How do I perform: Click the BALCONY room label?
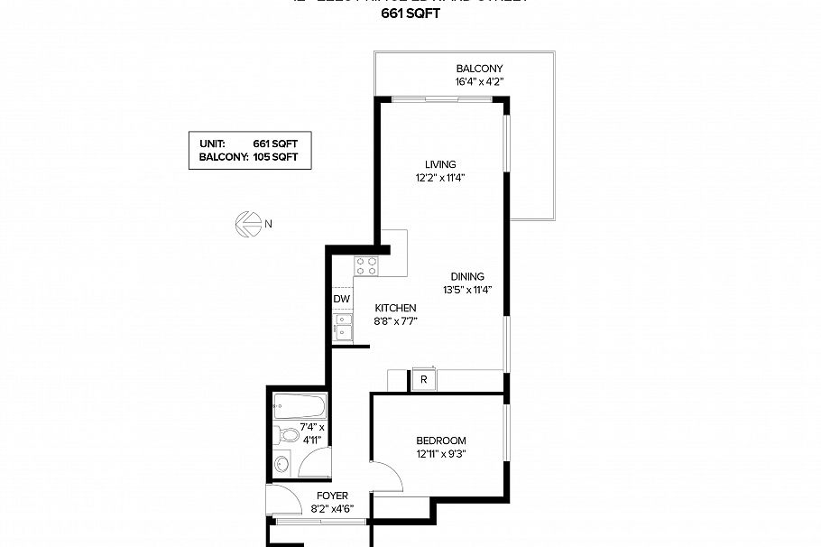[x=479, y=69]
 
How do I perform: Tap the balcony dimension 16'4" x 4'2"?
[x=479, y=81]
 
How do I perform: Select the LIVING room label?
[x=440, y=164]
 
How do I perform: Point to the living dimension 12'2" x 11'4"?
[x=440, y=178]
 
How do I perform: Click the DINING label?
[x=467, y=277]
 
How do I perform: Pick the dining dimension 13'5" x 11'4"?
[x=466, y=291]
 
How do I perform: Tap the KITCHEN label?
[x=395, y=308]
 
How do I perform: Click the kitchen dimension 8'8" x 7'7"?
[x=395, y=321]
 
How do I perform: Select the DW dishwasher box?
[x=341, y=299]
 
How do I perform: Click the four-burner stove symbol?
[x=365, y=265]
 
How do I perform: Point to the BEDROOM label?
[x=441, y=440]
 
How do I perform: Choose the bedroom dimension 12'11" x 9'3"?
[x=441, y=454]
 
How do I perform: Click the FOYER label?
[x=332, y=496]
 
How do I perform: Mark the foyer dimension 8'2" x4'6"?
[x=332, y=509]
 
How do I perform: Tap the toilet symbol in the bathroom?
[x=289, y=435]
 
